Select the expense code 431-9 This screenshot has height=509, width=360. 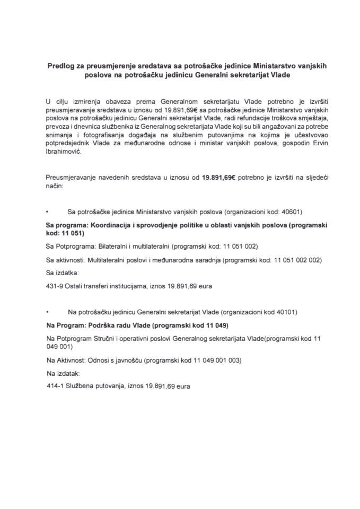point(54,286)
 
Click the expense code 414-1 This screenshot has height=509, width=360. point(54,386)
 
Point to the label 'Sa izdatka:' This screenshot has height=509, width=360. point(62,273)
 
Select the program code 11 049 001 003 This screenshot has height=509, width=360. point(215,360)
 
